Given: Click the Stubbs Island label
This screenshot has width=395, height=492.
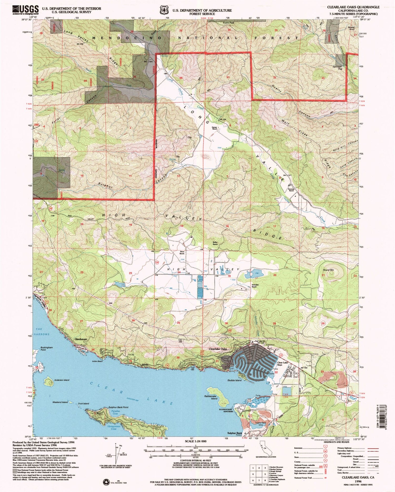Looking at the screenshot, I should [x=234, y=380].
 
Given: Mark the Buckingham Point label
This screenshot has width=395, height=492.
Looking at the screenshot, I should [x=47, y=349].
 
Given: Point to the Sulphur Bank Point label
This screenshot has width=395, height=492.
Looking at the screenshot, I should [x=118, y=407].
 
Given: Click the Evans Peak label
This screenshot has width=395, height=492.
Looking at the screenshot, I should [x=228, y=23].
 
